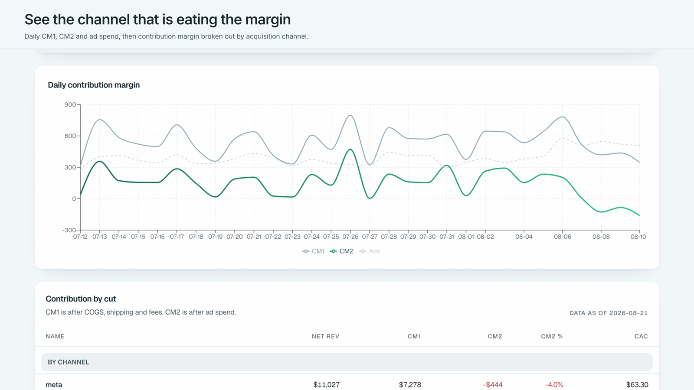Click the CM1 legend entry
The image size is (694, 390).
313,251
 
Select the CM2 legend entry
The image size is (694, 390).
342,251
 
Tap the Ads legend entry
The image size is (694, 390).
369,251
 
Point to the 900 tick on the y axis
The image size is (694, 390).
70,104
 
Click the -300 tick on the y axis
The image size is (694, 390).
69,230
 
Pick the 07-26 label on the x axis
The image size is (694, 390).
350,237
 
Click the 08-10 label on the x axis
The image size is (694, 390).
638,237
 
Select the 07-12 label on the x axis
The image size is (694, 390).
80,237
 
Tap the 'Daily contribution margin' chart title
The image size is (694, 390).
94,85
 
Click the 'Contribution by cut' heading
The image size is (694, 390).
81,299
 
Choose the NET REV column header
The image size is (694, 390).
326,336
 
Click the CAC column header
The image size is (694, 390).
642,336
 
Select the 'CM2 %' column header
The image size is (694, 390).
552,336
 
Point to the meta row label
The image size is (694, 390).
54,385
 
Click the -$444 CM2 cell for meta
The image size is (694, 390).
493,385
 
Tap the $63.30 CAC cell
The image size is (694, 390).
637,385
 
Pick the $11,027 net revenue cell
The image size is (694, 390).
327,385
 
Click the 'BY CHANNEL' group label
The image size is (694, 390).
69,362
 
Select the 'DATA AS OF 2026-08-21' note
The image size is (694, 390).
609,313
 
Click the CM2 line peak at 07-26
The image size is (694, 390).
350,149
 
